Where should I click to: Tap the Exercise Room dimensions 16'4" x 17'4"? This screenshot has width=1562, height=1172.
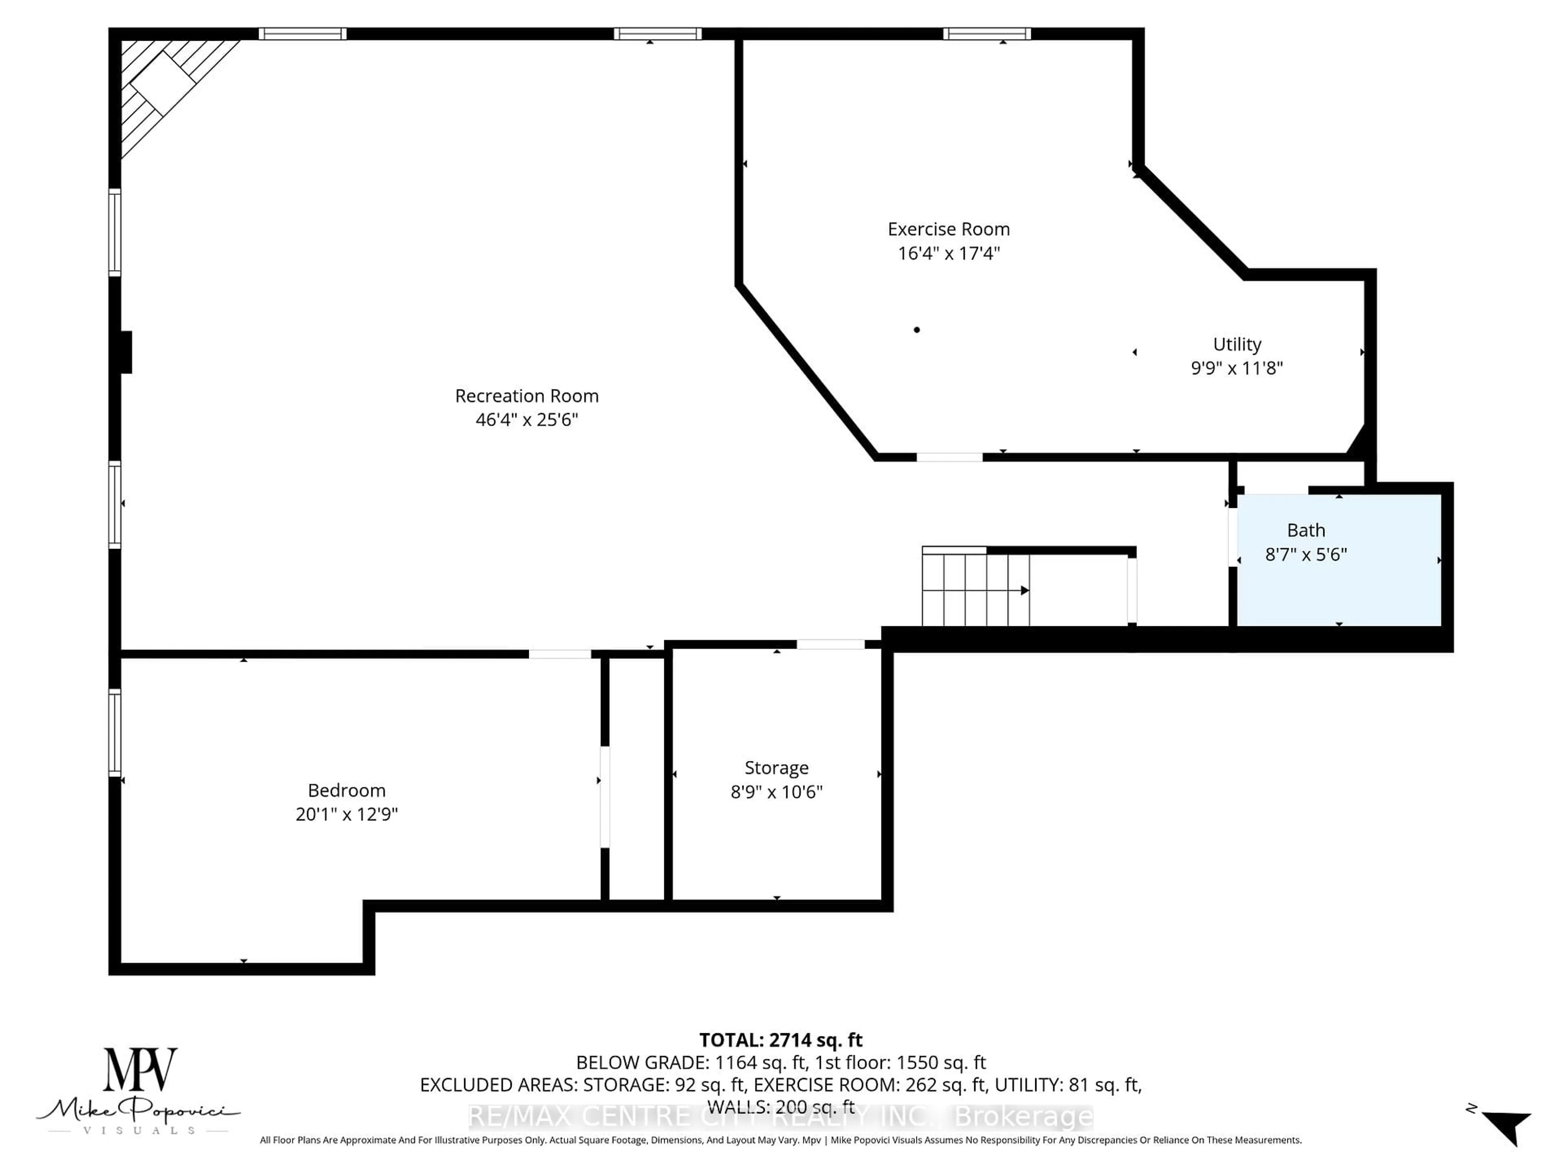coord(948,253)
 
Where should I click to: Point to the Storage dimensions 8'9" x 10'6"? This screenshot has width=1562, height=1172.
coord(776,792)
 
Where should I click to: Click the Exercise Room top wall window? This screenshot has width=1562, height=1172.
coord(986,34)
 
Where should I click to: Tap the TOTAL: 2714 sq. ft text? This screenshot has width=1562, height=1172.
coord(780,1040)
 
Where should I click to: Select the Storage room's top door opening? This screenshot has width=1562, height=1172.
coord(831,644)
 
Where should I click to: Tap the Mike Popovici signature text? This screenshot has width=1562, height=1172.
coord(138,1111)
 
